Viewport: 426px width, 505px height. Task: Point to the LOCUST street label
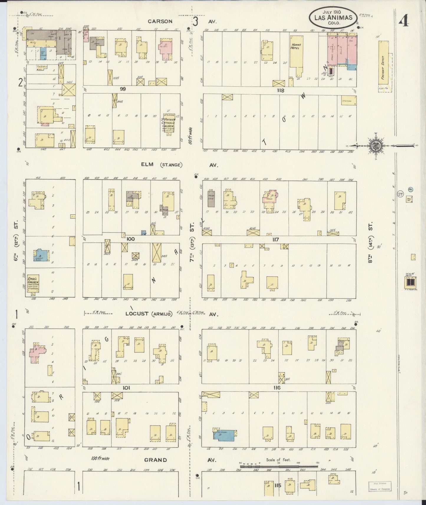pyautogui.click(x=137, y=313)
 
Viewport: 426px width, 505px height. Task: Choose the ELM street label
pyautogui.click(x=147, y=164)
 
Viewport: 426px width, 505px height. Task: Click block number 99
pyautogui.click(x=123, y=89)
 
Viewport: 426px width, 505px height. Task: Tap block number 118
pyautogui.click(x=280, y=90)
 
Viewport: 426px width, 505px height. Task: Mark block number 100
pyautogui.click(x=130, y=239)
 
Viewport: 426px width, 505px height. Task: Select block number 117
pyautogui.click(x=275, y=240)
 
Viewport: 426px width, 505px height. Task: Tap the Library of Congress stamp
pyautogui.click(x=380, y=486)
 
